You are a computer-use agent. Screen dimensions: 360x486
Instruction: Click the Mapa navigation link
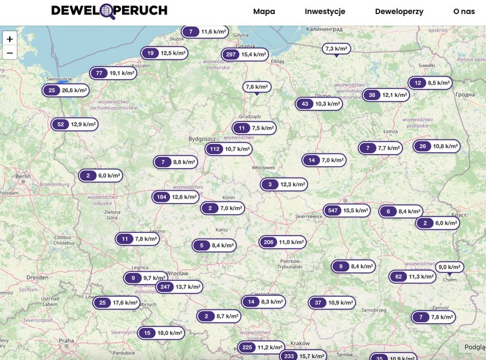(264, 12)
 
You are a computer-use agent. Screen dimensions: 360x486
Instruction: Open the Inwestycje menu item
(325, 12)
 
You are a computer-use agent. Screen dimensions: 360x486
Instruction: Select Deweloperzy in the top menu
(399, 12)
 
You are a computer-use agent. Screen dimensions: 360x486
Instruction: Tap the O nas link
(464, 12)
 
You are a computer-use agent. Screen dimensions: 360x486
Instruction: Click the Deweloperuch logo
(109, 11)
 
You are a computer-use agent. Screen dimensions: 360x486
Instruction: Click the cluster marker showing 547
(347, 210)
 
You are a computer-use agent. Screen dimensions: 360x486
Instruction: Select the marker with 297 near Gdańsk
(245, 55)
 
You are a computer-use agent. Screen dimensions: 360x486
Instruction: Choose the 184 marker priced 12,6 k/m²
(176, 197)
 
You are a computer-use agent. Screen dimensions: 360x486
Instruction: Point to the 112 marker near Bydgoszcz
(229, 149)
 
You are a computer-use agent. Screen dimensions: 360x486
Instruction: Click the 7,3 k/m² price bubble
(336, 48)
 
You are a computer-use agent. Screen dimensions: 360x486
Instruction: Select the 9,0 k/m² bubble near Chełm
(450, 267)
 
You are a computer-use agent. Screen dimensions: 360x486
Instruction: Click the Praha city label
(66, 340)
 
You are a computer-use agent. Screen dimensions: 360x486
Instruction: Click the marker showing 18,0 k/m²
(161, 333)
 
